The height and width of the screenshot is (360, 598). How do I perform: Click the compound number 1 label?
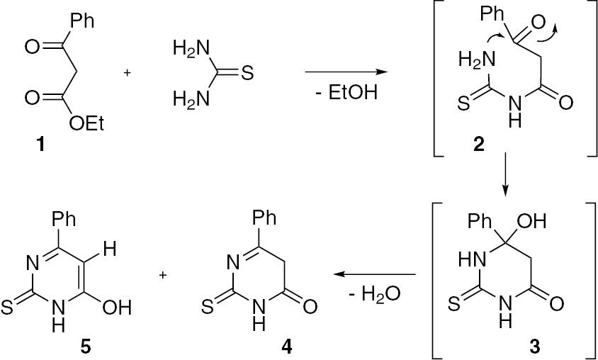point(40,146)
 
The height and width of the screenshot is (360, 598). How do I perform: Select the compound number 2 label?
point(478,145)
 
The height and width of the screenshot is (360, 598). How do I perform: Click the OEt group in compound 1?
point(86,124)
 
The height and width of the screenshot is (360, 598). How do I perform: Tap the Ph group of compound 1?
point(81,21)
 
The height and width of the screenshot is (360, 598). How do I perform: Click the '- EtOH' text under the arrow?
point(346,94)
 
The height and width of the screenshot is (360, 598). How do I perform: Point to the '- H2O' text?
point(375,295)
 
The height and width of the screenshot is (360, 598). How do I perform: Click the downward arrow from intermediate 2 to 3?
point(505,174)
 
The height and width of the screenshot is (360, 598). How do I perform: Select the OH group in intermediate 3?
point(533,222)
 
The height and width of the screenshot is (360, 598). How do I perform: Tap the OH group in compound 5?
point(118,308)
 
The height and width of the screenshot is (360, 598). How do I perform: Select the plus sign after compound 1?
point(127,73)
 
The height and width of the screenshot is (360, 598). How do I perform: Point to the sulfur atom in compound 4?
point(205,308)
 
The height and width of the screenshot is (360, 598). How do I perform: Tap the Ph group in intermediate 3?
point(480,222)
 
